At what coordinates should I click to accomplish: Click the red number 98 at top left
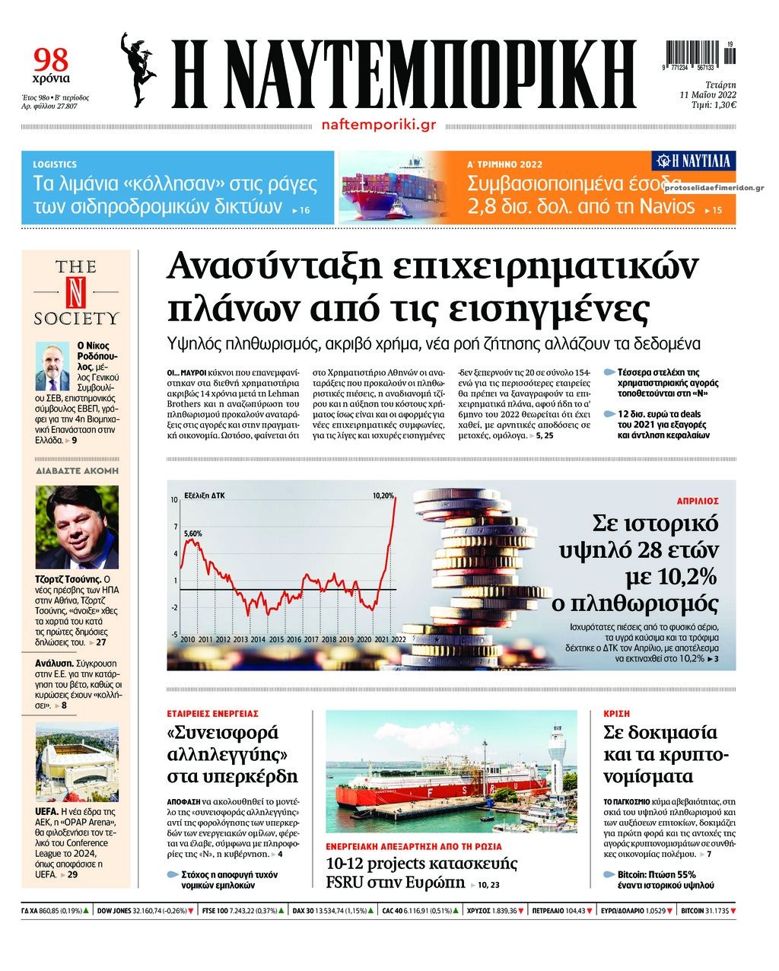pyautogui.click(x=51, y=59)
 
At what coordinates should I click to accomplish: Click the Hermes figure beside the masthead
pyautogui.click(x=139, y=69)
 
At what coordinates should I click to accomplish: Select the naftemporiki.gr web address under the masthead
pyautogui.click(x=378, y=124)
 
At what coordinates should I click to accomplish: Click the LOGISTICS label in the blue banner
pyautogui.click(x=55, y=164)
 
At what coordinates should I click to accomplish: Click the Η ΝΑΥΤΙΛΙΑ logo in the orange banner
pyautogui.click(x=694, y=161)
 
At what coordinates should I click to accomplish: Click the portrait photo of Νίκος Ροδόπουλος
pyautogui.click(x=52, y=365)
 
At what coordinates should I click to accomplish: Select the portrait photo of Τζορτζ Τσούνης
pyautogui.click(x=77, y=527)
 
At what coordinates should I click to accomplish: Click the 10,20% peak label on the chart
pyautogui.click(x=383, y=495)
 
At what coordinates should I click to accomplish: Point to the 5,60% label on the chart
pyautogui.click(x=193, y=533)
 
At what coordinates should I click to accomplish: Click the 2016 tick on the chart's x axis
pyautogui.click(x=294, y=639)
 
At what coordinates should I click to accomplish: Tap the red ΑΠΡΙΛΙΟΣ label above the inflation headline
pyautogui.click(x=698, y=501)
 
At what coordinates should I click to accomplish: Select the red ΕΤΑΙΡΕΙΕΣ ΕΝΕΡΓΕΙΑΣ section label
pyautogui.click(x=213, y=714)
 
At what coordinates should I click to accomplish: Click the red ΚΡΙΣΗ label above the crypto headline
pyautogui.click(x=616, y=714)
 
